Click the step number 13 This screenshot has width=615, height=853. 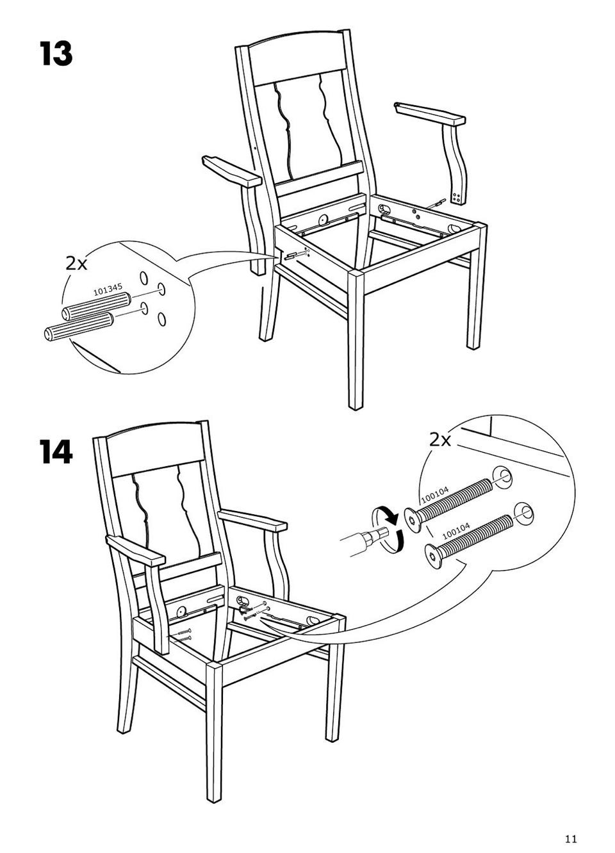click(56, 54)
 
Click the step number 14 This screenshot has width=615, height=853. click(56, 451)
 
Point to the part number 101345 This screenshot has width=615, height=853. click(108, 290)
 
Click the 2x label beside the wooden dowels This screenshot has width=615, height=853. click(76, 263)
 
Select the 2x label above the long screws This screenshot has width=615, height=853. click(440, 440)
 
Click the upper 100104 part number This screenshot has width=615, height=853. click(435, 495)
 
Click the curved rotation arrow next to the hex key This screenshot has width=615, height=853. click(389, 530)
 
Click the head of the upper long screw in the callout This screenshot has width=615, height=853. click(413, 521)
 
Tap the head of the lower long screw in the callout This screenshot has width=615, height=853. click(434, 556)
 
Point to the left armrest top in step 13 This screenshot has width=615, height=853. click(232, 172)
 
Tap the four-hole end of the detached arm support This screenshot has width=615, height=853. click(457, 198)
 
